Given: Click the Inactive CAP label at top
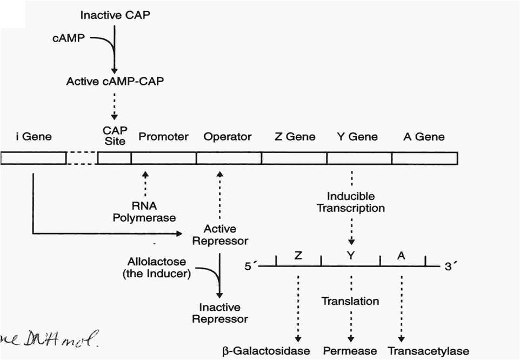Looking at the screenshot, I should tap(115, 15).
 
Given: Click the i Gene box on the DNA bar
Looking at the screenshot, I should tap(33, 158).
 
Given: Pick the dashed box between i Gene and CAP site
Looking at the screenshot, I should tap(82, 158).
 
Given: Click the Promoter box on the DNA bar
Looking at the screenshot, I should tap(163, 158).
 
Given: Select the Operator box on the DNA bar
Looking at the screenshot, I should tap(228, 158).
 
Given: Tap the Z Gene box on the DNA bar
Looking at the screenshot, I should tap(294, 158).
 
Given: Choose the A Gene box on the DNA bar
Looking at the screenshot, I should tap(424, 158).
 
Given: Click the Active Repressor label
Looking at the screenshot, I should tap(220, 235).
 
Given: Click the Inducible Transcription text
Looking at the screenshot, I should tap(351, 202).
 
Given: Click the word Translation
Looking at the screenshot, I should tap(350, 301).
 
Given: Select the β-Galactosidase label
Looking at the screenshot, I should tap(266, 351).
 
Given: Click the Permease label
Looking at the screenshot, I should tap(350, 351).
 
